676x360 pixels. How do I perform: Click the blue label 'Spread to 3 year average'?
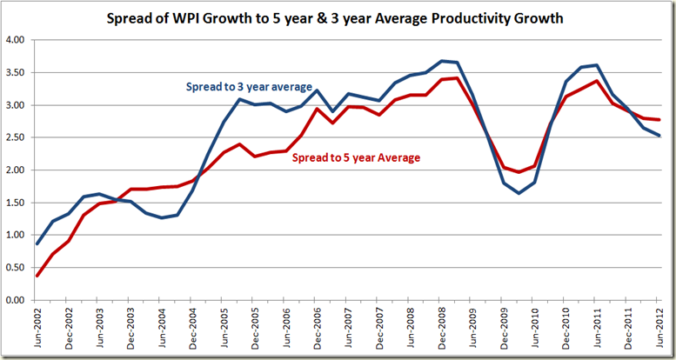pyautogui.click(x=249, y=86)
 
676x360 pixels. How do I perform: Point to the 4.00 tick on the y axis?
pyautogui.click(x=15, y=40)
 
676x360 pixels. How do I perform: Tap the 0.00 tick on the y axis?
pyautogui.click(x=15, y=300)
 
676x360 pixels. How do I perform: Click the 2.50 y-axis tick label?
pyautogui.click(x=15, y=137)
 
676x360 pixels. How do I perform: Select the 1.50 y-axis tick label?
pyautogui.click(x=15, y=203)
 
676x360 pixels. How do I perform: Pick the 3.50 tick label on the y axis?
pyautogui.click(x=15, y=72)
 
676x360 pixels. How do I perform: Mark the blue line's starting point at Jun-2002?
pyautogui.click(x=37, y=243)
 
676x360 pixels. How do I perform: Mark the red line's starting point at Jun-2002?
pyautogui.click(x=37, y=276)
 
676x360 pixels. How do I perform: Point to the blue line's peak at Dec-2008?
pyautogui.click(x=442, y=61)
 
